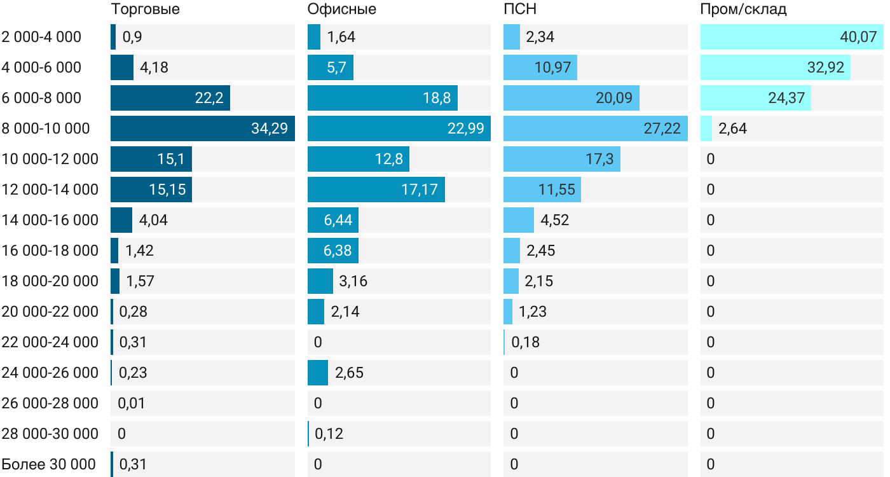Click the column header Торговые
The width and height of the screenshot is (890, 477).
pos(145,9)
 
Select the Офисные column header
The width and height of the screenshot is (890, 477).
pos(341,9)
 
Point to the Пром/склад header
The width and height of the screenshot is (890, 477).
pos(743,9)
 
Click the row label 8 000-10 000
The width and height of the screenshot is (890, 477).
pos(46,128)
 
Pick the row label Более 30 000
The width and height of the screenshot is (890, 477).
pos(49,464)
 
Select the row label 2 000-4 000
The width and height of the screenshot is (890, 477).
pos(41,37)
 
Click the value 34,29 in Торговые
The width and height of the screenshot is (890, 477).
pos(270,128)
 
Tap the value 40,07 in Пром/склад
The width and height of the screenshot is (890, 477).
pos(858,37)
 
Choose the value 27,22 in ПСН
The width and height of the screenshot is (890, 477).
pos(662,128)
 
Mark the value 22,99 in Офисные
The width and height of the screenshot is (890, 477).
pos(465,128)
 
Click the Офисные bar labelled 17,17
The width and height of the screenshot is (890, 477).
pos(376,190)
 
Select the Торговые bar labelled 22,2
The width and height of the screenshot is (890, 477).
pos(170,98)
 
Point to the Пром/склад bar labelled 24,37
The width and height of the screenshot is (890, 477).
pos(756,98)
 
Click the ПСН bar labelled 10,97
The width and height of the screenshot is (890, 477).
pos(540,67)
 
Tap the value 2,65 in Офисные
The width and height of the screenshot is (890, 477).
pos(349,373)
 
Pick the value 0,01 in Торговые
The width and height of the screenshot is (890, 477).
pos(133,403)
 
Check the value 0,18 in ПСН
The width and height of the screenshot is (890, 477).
pos(525,342)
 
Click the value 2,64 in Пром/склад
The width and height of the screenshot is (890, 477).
pos(732,128)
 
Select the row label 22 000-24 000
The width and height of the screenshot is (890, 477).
pos(50,342)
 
